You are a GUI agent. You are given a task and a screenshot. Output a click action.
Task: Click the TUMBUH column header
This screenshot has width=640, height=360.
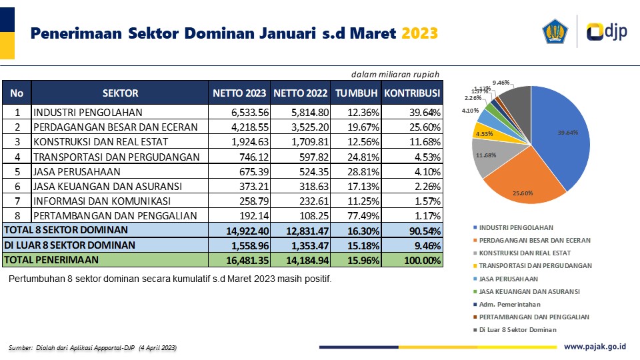tap(357, 93)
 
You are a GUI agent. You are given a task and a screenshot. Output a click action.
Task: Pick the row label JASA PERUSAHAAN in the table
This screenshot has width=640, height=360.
tap(73, 171)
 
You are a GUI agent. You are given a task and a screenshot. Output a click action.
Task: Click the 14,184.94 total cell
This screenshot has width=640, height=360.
tap(301, 260)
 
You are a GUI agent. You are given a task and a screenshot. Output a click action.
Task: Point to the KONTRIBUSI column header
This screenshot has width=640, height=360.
tap(412, 93)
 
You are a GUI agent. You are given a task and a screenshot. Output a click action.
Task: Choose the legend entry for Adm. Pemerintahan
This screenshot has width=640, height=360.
tap(504, 304)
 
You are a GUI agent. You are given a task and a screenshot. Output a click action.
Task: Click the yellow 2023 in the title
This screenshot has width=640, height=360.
tap(420, 33)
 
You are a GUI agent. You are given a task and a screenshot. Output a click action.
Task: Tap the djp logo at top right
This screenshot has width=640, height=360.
tap(607, 32)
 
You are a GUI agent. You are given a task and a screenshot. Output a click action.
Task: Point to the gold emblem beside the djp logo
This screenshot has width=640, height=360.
tap(555, 32)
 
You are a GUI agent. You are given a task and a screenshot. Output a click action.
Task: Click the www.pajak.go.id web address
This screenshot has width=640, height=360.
tap(595, 347)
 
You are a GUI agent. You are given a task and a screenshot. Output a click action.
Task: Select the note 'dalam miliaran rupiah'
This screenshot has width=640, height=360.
tap(395, 74)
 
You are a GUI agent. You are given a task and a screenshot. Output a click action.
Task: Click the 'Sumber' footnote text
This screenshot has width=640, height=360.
tap(93, 348)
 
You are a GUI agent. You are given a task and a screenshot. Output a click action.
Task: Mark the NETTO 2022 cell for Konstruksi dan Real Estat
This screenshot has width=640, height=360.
tap(301, 141)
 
